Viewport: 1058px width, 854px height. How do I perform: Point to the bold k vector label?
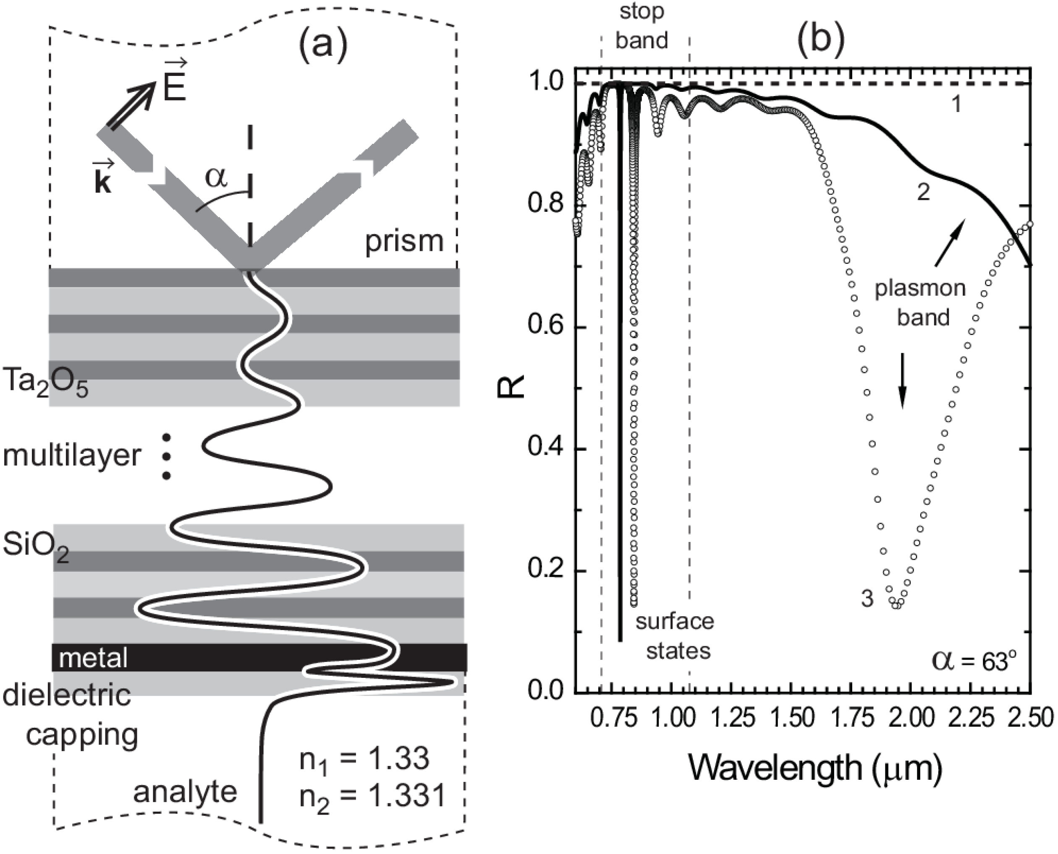click(x=104, y=177)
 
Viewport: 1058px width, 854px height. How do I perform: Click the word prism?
click(x=404, y=242)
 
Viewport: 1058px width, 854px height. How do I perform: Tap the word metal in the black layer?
click(x=94, y=658)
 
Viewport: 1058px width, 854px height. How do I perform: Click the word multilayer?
click(x=72, y=456)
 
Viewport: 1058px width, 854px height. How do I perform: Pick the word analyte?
click(x=185, y=792)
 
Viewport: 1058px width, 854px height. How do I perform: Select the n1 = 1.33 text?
click(x=365, y=759)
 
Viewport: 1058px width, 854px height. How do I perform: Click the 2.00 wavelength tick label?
click(x=911, y=718)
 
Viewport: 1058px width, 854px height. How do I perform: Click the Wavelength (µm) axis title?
click(x=815, y=768)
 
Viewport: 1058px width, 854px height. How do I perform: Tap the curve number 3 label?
click(x=867, y=599)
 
